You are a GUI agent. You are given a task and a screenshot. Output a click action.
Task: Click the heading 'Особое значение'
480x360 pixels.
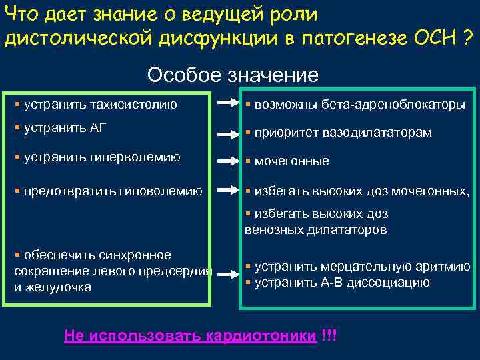tap(233, 74)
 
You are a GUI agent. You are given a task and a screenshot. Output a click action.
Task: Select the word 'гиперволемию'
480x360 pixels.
tap(142, 157)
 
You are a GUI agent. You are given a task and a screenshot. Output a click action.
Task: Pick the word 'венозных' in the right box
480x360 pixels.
tap(270, 230)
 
